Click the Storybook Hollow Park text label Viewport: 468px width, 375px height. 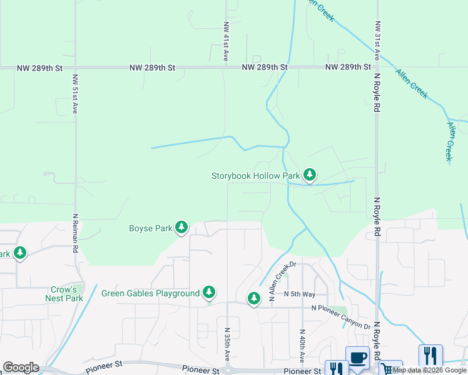pyautogui.click(x=255, y=176)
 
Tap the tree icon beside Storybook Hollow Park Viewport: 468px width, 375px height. pyautogui.click(x=309, y=174)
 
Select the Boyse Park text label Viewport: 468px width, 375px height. pyautogui.click(x=150, y=228)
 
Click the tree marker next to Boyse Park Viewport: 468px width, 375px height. pyautogui.click(x=181, y=227)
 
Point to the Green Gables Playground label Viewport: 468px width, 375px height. pyautogui.click(x=150, y=292)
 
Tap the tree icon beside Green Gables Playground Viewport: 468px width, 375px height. pyautogui.click(x=209, y=292)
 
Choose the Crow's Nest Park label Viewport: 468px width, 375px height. pyautogui.click(x=64, y=294)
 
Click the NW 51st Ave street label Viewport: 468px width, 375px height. pyautogui.click(x=74, y=94)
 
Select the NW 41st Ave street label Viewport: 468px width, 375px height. pyautogui.click(x=225, y=42)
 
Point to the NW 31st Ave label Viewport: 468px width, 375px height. pyautogui.click(x=377, y=41)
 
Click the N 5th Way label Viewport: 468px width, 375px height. pyautogui.click(x=299, y=293)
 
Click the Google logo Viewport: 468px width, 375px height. pyautogui.click(x=21, y=367)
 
